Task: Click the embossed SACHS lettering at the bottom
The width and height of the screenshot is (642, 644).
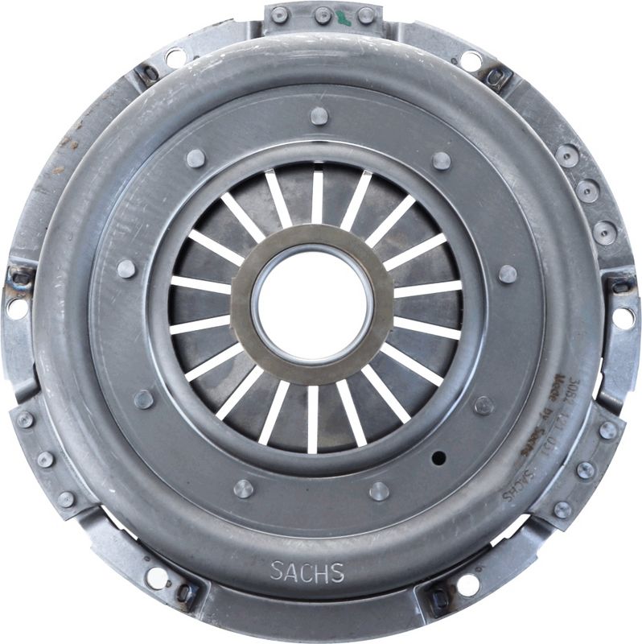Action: click(307, 572)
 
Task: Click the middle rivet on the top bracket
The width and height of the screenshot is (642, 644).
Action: click(323, 14)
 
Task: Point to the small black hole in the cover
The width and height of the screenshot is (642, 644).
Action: click(438, 458)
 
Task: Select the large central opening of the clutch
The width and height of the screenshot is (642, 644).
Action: click(312, 305)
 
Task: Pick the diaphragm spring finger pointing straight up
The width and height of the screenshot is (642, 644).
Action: click(317, 196)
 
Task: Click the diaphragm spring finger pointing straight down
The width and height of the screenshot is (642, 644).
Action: click(313, 419)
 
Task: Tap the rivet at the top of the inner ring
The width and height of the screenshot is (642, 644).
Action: click(319, 116)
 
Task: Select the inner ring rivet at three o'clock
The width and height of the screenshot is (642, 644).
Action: click(507, 275)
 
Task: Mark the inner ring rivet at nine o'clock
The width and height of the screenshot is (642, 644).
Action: click(126, 269)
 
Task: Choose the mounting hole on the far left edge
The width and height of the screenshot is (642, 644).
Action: click(15, 308)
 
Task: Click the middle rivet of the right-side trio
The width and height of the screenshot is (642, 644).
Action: click(587, 192)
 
